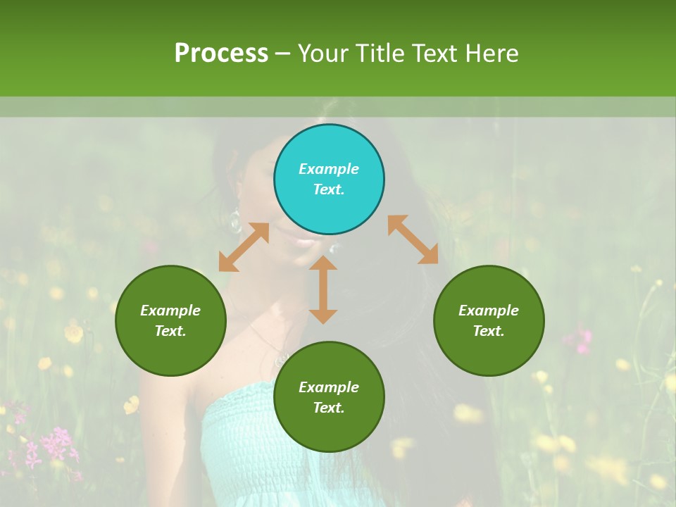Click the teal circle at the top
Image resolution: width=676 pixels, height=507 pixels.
[329, 180]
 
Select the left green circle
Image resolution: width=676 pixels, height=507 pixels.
[170, 321]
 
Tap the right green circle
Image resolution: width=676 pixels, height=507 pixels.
[489, 321]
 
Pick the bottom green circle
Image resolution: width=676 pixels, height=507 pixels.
[329, 397]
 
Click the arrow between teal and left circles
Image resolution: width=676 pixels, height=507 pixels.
[244, 247]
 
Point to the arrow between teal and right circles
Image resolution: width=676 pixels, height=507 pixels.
[413, 239]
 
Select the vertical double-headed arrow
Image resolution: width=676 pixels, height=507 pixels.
[323, 289]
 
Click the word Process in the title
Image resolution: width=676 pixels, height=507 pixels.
[221, 53]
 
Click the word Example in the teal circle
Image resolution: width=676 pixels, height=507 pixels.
[329, 169]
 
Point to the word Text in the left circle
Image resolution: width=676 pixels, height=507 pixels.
[170, 331]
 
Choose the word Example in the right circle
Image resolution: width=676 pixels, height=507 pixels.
[489, 311]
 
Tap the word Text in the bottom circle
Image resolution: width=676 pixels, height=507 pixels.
[329, 408]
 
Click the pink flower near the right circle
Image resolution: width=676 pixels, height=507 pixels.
[582, 341]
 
